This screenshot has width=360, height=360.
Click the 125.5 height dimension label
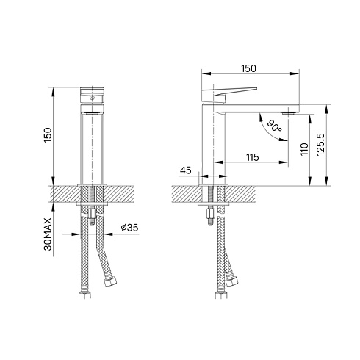pos(321,145)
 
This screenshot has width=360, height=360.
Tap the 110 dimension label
pos(304,149)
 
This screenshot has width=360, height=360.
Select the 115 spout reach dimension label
pos(253,157)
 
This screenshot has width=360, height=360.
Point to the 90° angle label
pos(274,126)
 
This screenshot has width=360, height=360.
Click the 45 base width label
pos(185,170)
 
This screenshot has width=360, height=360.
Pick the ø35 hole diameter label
pos(129,228)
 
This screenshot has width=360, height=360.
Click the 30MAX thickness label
pos(48,234)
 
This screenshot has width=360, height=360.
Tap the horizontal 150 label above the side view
pos(248,68)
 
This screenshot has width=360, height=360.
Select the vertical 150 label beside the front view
pos(48,135)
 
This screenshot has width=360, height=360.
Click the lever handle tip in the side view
pos(256,88)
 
